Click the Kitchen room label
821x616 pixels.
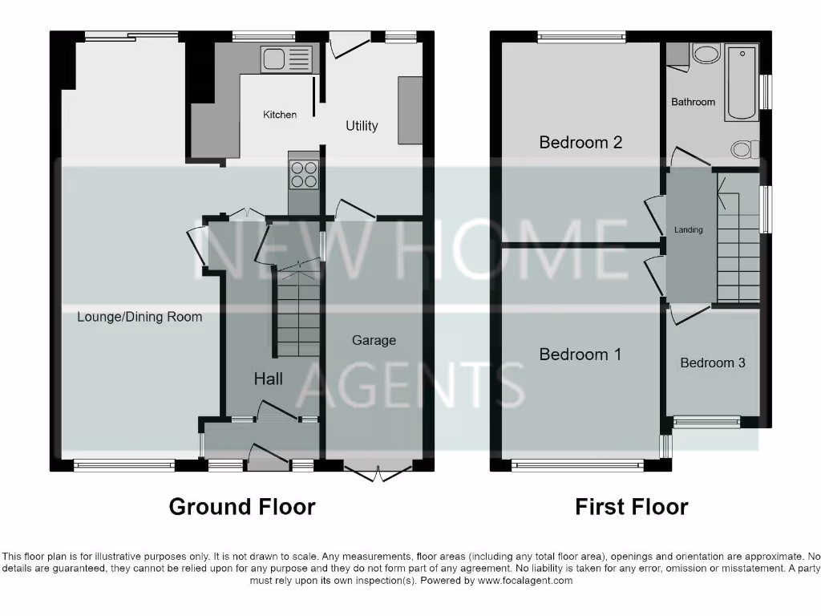280,115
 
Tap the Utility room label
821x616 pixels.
362,126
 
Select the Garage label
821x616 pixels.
374,340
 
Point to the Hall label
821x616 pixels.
268,379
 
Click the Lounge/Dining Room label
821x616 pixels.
140,317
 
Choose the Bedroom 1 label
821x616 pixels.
580,354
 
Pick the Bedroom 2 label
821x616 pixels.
580,143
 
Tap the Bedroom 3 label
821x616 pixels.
712,363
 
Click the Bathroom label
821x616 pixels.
693,102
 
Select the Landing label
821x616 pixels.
688,230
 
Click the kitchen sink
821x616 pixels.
286,59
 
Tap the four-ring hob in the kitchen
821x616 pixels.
304,174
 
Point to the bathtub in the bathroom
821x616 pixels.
742,83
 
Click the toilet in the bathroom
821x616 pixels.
745,148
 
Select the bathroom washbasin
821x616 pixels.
706,54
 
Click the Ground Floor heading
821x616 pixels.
241,507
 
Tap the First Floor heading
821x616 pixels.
631,507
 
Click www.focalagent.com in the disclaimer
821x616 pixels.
524,581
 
